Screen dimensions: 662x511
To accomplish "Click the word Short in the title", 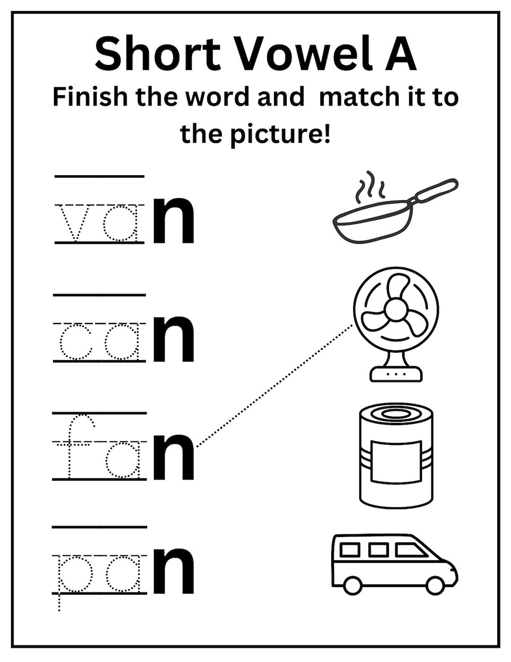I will (158, 53).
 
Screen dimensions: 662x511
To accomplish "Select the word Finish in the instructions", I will (90, 97).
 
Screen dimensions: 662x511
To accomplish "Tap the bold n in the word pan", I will (174, 571).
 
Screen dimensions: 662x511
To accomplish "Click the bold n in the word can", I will (174, 340).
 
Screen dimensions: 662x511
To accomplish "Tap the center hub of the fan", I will (396, 311).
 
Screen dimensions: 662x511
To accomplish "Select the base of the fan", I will (396, 374).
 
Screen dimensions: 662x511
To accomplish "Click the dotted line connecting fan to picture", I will (274, 385).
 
